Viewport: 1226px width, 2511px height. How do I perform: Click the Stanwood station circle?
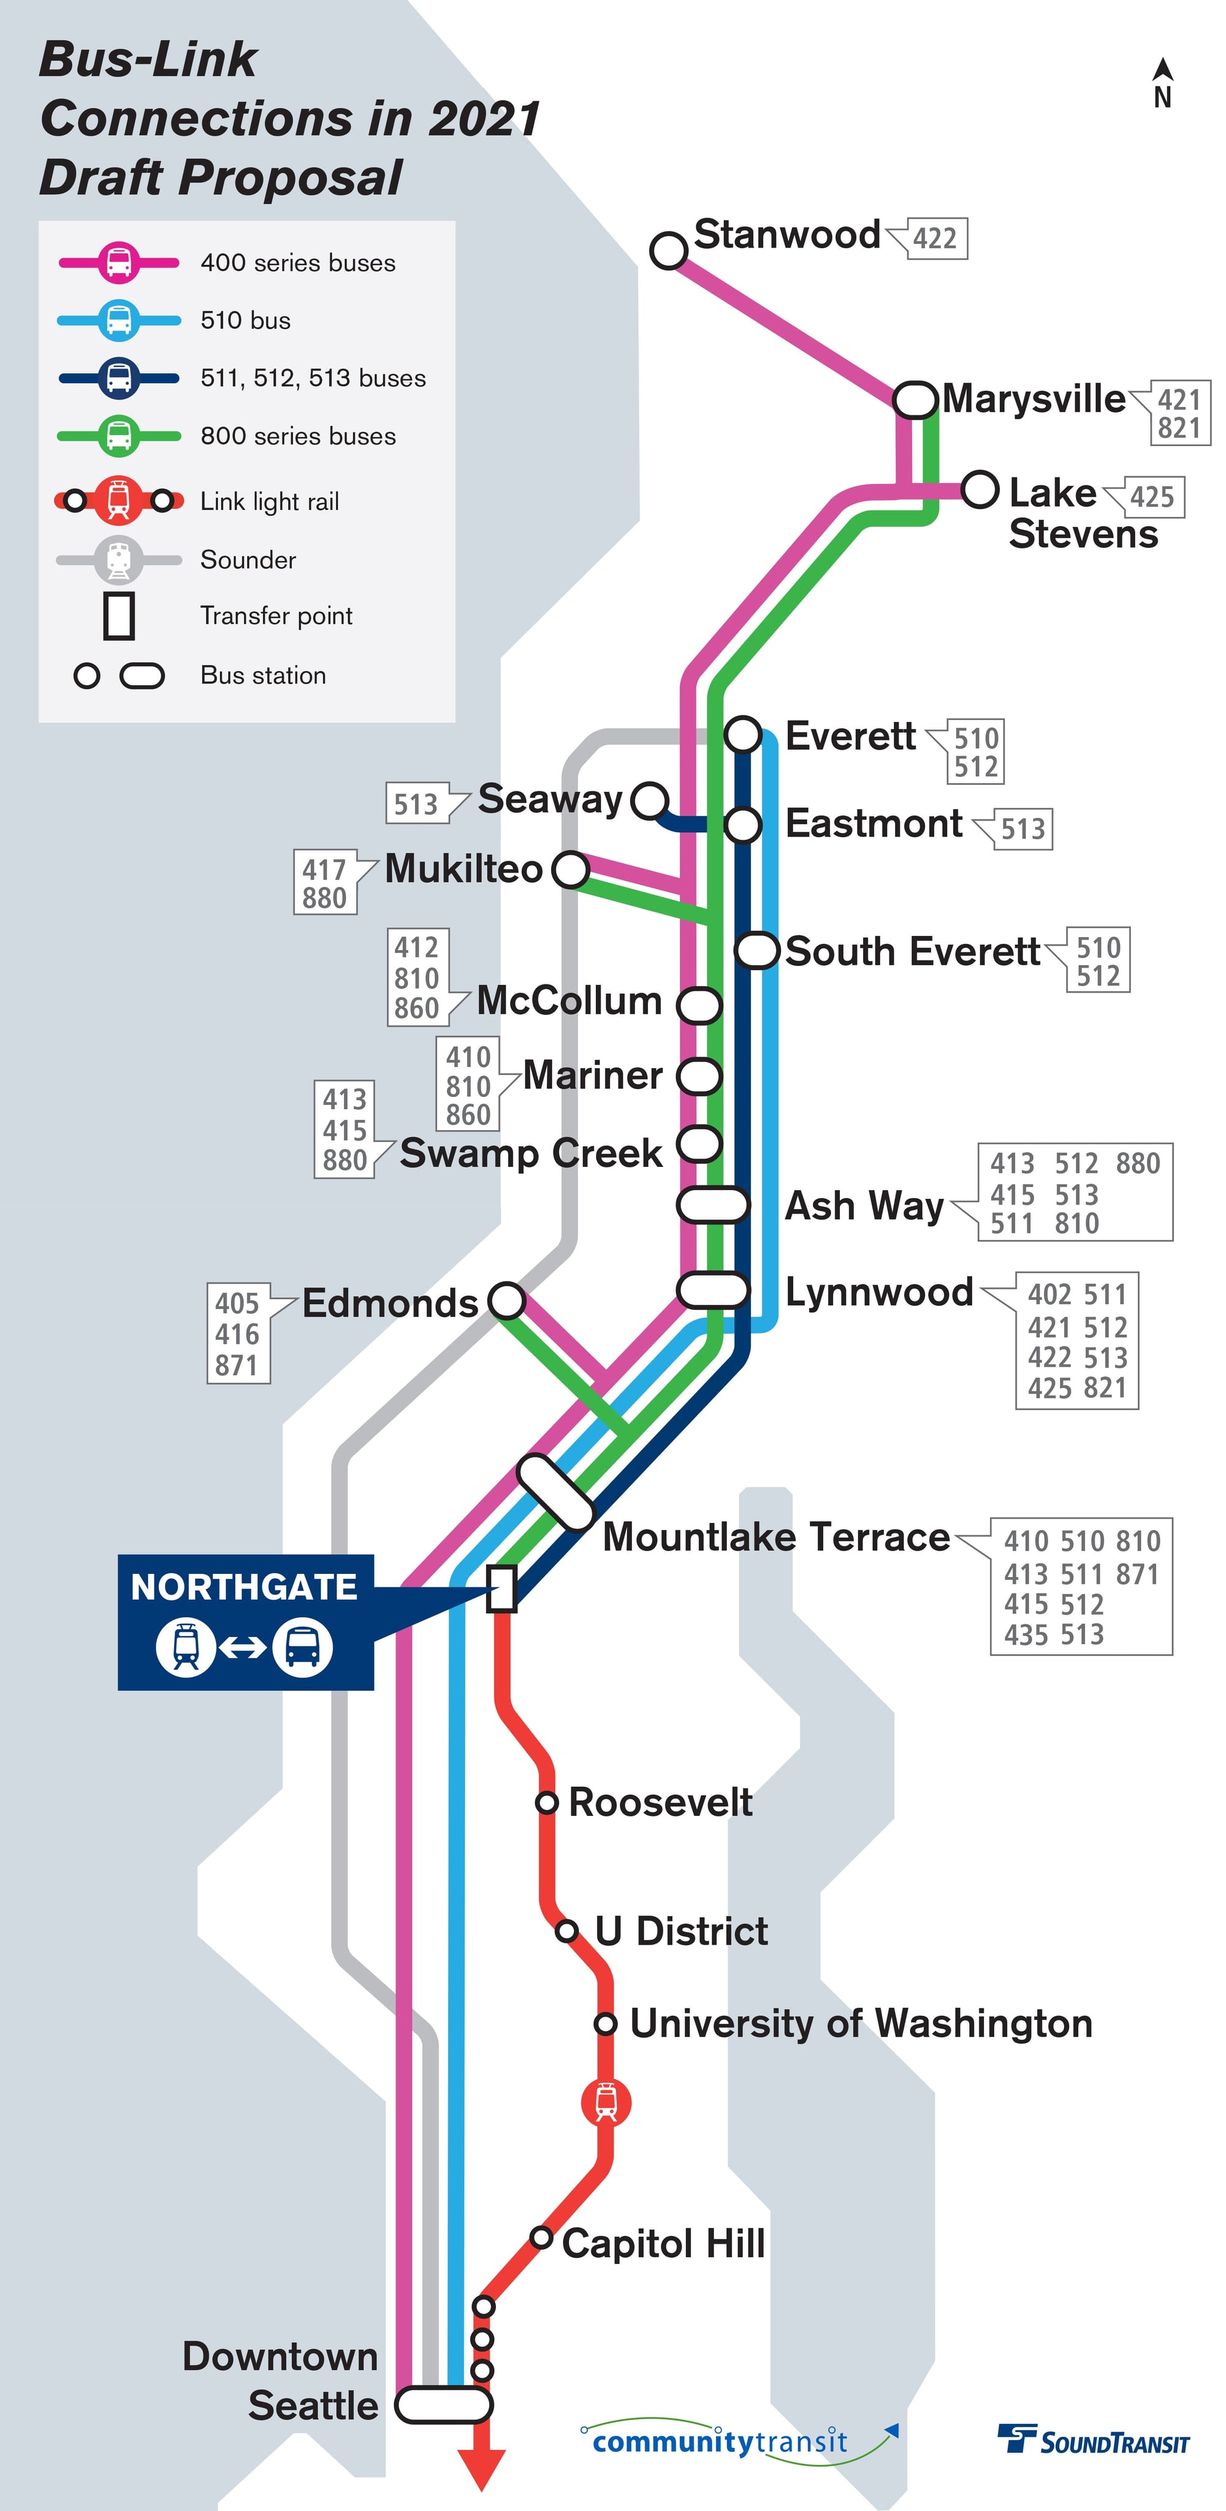pyautogui.click(x=669, y=249)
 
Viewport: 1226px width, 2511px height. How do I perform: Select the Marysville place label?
pyautogui.click(x=1033, y=398)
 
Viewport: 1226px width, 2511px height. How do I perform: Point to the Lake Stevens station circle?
pyautogui.click(x=980, y=488)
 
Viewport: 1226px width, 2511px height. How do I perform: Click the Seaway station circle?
pyautogui.click(x=650, y=800)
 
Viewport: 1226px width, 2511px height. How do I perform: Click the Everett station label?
pyautogui.click(x=850, y=736)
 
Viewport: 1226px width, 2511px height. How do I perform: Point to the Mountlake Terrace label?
pyautogui.click(x=776, y=1537)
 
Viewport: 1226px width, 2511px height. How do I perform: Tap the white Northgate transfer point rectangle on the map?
pyautogui.click(x=501, y=1589)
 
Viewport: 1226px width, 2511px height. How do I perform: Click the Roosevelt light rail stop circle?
pyautogui.click(x=547, y=1803)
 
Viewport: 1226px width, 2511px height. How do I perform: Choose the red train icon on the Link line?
pyautogui.click(x=605, y=2102)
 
